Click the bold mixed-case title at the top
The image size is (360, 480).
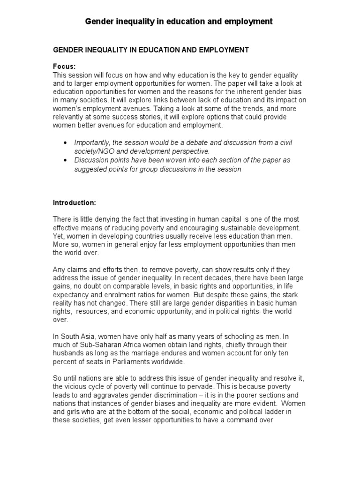[x=178, y=22]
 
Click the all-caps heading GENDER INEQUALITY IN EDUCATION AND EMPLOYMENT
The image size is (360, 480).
[x=150, y=49]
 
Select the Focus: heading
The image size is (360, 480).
[x=64, y=67]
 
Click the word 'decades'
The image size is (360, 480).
[x=228, y=278]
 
